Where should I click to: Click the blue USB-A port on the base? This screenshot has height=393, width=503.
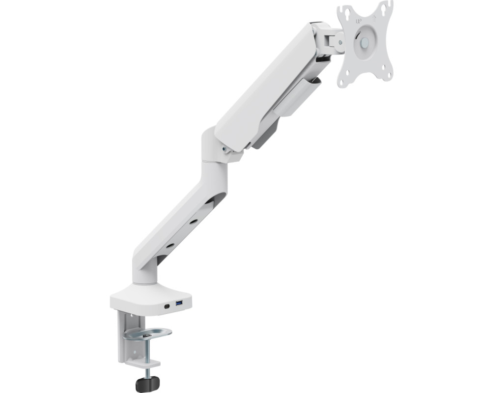(x=179, y=303)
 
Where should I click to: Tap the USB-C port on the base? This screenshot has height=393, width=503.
(x=167, y=306)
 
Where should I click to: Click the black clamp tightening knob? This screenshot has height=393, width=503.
(x=147, y=384)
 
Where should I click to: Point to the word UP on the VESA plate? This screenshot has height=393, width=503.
(x=359, y=22)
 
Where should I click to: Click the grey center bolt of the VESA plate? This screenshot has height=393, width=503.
(x=364, y=42)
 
